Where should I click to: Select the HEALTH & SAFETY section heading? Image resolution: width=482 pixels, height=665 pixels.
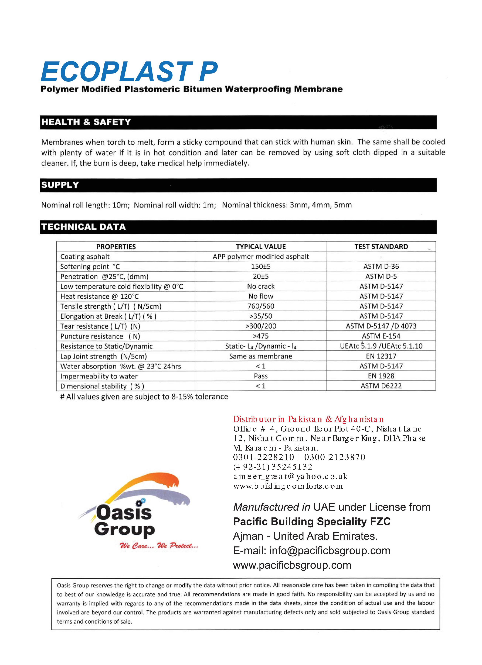coord(86,122)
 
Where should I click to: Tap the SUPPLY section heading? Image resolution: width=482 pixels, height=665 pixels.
coord(60,185)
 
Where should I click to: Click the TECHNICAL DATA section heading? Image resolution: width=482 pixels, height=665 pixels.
coord(84,227)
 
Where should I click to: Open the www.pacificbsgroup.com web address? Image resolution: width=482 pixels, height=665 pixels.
coord(292,565)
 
